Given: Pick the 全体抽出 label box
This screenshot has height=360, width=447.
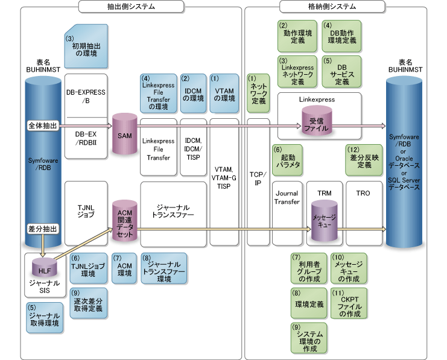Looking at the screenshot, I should [x=43, y=125].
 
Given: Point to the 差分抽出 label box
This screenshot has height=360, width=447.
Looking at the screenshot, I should [x=43, y=229].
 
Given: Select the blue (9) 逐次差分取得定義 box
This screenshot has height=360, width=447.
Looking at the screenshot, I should [x=86, y=305].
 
